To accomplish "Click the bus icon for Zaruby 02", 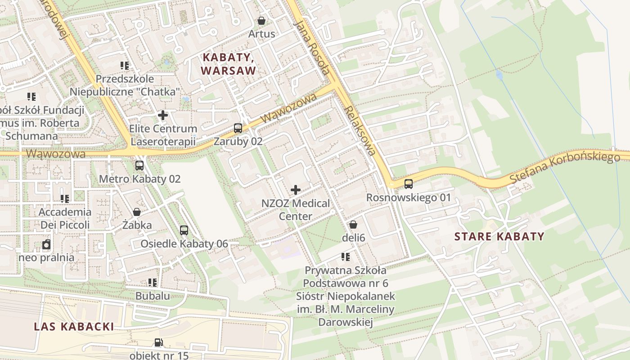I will tap(238, 128).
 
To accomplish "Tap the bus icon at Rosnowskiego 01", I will tap(408, 184).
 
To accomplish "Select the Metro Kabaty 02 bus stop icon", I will tap(139, 166).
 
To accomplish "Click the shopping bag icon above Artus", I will tap(261, 21).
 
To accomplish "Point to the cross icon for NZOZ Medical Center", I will tap(296, 190).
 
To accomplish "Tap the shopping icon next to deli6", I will tap(353, 224).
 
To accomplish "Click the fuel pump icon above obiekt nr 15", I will tap(158, 342).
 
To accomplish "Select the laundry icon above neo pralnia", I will tap(46, 245).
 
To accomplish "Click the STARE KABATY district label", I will tap(499, 236).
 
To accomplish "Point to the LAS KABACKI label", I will tap(74, 327).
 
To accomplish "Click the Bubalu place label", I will tap(153, 296).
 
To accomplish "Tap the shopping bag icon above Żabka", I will tap(137, 212).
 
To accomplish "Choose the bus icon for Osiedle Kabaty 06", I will tap(184, 230).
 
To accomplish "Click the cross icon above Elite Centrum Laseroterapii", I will tap(163, 115).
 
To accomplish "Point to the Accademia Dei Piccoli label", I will tap(65, 218).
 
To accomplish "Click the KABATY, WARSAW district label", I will tap(229, 64).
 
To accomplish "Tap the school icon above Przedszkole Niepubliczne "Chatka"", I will tap(125, 66).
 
